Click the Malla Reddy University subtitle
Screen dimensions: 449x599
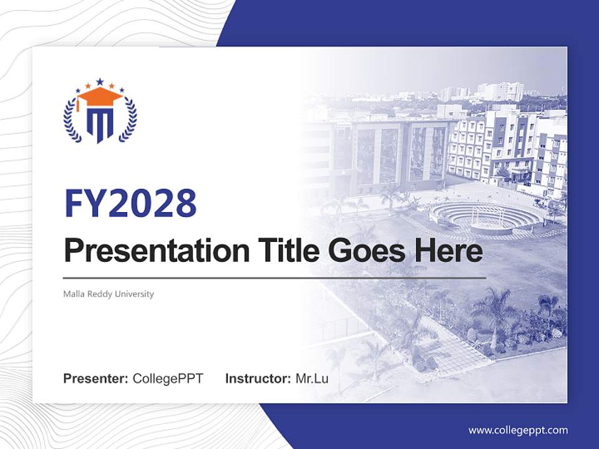click(109, 294)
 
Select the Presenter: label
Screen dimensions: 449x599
click(95, 379)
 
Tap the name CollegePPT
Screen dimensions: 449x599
click(168, 379)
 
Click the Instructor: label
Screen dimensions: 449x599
click(258, 379)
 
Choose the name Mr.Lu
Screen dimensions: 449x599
click(312, 379)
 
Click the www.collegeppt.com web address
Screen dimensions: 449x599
click(518, 430)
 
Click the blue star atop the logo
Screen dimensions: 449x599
click(100, 81)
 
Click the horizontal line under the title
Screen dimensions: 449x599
click(275, 278)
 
